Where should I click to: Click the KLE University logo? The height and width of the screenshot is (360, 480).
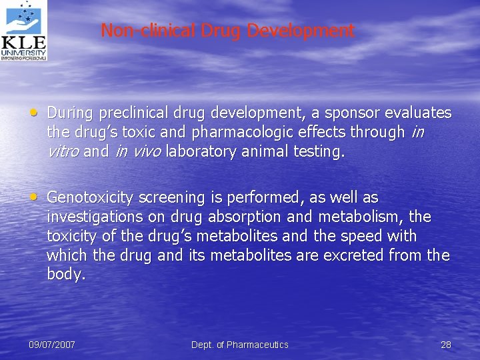[24, 31]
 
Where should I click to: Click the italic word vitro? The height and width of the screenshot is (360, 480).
[63, 151]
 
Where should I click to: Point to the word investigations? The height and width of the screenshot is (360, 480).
[87, 217]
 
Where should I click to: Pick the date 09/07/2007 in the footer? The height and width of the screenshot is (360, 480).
[52, 345]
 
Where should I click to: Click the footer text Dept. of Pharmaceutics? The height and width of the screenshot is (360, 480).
[240, 345]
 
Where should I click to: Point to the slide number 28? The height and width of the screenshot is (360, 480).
[446, 345]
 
